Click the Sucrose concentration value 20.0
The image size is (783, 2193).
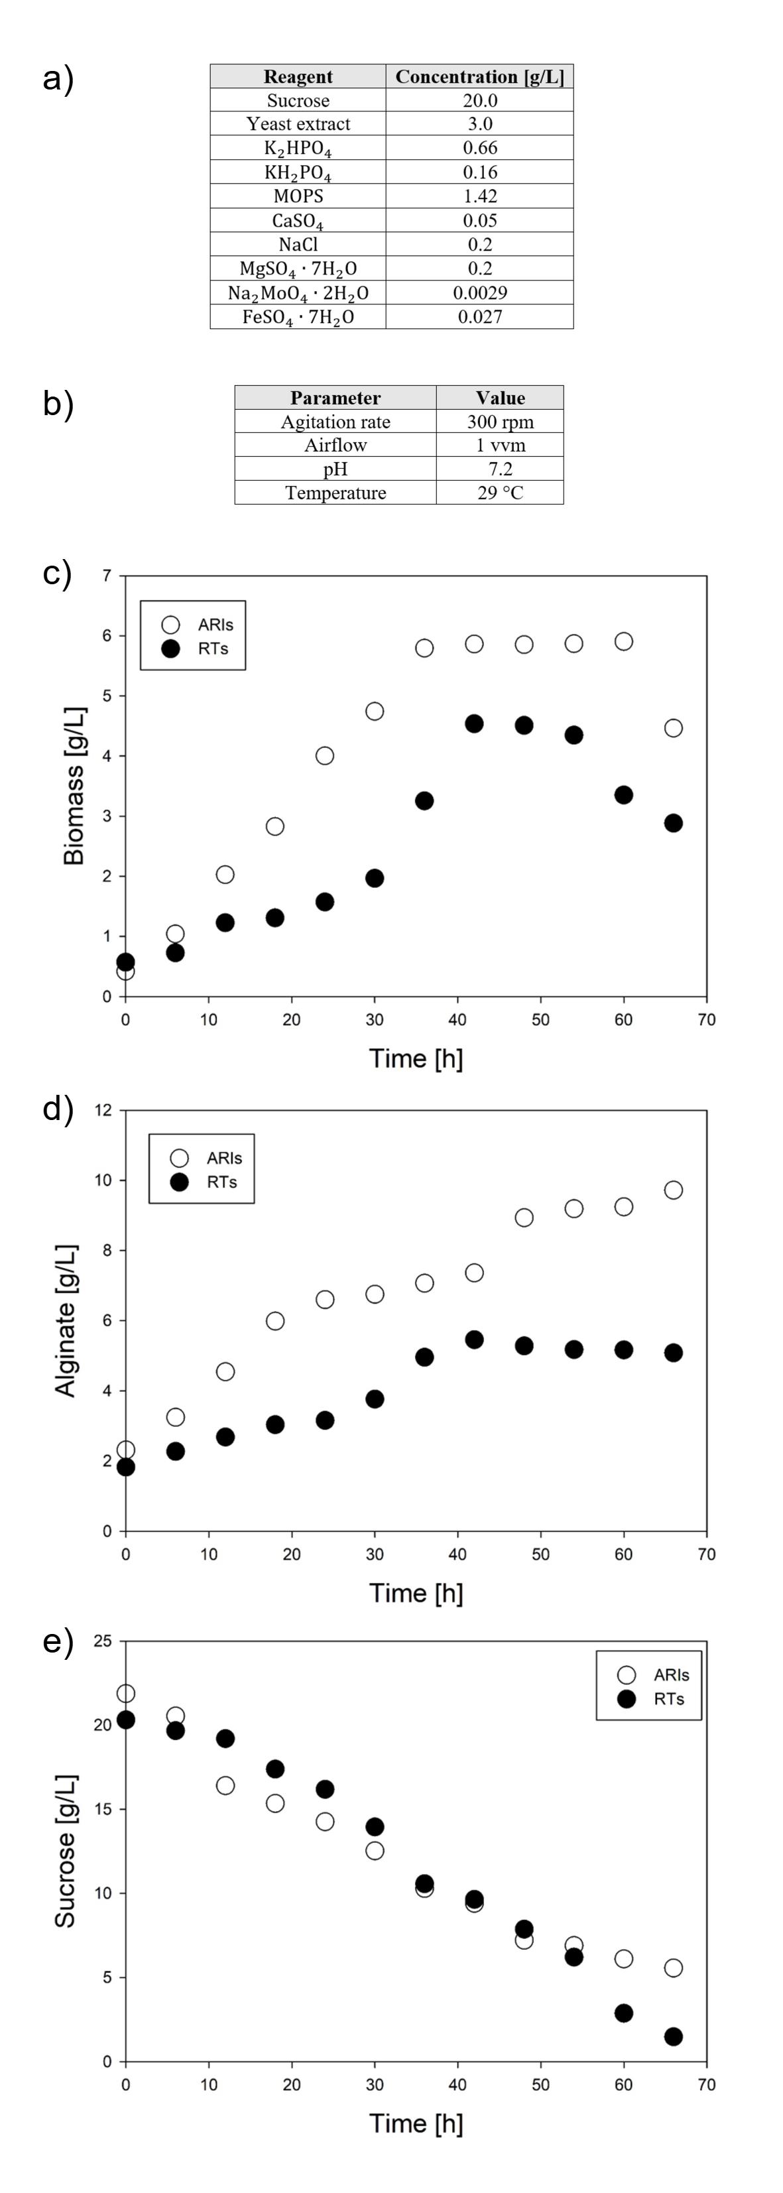click(x=480, y=100)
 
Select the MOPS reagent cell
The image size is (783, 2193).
click(x=298, y=196)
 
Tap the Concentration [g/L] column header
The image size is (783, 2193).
click(x=479, y=77)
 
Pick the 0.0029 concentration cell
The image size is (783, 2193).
click(x=480, y=293)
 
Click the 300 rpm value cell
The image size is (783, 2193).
click(x=501, y=421)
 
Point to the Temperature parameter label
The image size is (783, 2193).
click(x=335, y=493)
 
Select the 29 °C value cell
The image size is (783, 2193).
click(x=501, y=493)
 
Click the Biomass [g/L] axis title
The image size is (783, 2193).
click(x=74, y=785)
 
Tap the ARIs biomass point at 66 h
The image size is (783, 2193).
click(x=673, y=728)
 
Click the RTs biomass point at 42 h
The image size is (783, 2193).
click(x=474, y=723)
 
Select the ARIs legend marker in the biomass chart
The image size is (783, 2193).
click(x=171, y=625)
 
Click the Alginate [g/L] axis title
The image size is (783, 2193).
click(x=66, y=1320)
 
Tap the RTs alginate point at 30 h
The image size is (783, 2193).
click(x=375, y=1399)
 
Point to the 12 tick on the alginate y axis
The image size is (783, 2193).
click(x=103, y=1110)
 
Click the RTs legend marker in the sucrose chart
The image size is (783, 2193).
click(x=627, y=1699)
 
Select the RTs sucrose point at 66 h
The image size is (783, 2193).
click(x=673, y=2036)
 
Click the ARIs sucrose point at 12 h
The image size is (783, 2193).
click(x=225, y=1785)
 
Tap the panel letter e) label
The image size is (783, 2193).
click(x=58, y=1641)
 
